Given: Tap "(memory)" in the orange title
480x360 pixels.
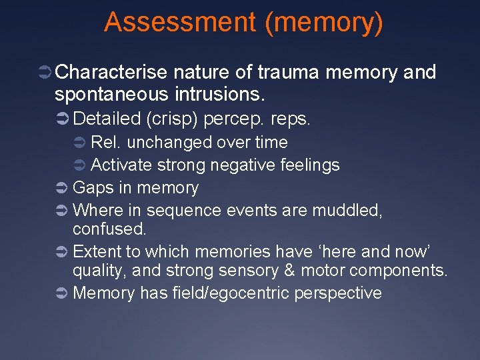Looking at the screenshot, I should click(324, 22).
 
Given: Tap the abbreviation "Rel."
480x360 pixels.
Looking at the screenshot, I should click(106, 142).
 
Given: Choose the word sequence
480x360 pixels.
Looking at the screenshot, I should click(174, 211).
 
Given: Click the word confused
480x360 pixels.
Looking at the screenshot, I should click(109, 229).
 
